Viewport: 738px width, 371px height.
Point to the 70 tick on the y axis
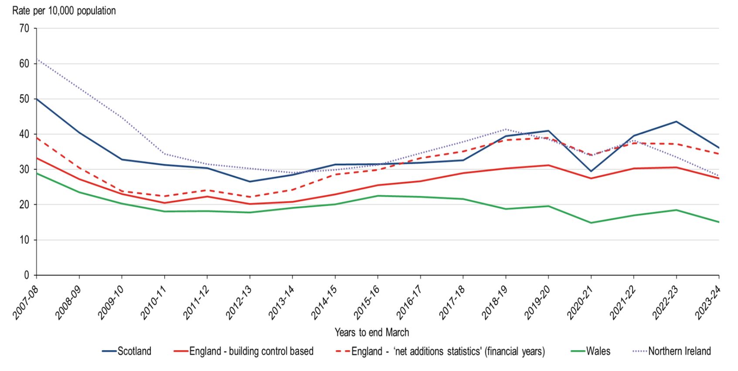click(24, 29)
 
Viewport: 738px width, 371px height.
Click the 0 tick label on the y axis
click(27, 275)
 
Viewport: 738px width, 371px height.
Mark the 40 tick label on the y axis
click(24, 134)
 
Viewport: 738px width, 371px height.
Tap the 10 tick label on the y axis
click(24, 240)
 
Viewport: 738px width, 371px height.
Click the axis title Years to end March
click(371, 333)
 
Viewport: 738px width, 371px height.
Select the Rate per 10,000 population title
click(64, 11)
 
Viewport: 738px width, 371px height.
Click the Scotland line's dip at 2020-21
click(591, 171)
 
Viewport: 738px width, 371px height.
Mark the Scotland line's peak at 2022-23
click(676, 121)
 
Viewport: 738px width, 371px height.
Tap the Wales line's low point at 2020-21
click(591, 223)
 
